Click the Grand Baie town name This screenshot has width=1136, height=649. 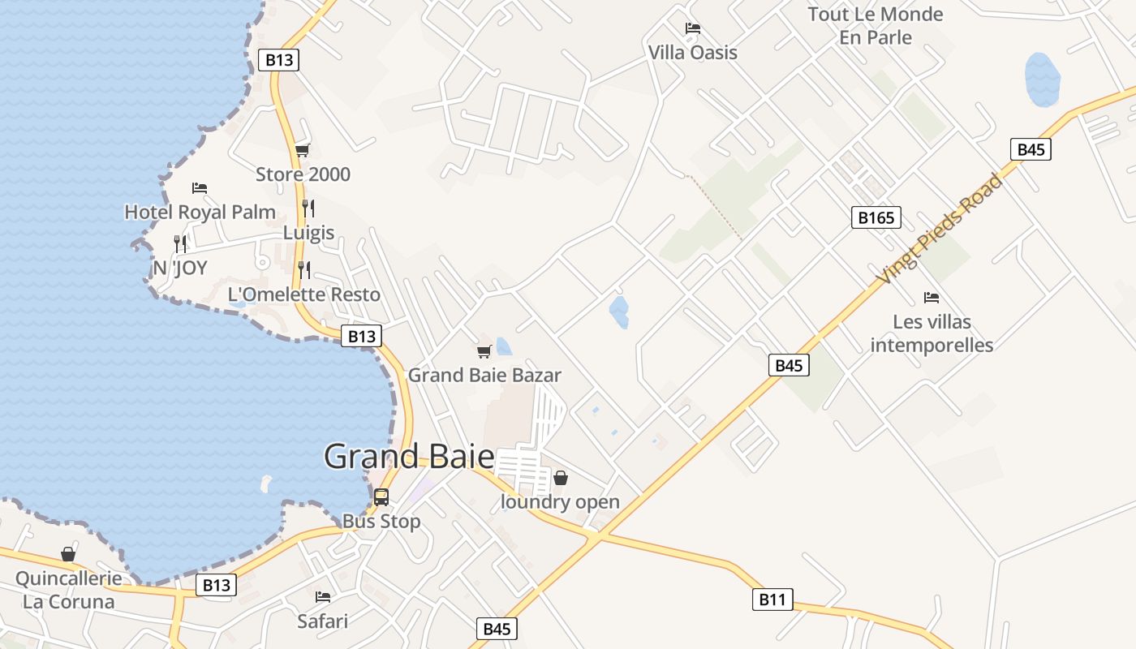coord(409,457)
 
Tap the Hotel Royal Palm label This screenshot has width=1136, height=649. coord(200,213)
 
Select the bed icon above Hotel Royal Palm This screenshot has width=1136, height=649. coord(200,188)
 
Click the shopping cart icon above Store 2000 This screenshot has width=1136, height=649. coord(303,150)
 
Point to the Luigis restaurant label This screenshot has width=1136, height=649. coord(308,233)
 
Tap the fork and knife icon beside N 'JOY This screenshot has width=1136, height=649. coord(180,243)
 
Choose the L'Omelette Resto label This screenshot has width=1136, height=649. coord(304,294)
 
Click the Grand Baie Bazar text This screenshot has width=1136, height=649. coord(484,376)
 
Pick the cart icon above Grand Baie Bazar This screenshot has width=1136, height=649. coord(484,351)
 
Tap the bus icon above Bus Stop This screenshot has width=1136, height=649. coord(381,497)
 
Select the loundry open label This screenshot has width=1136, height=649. coord(560,502)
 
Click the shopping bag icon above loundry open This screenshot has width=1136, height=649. coord(560,478)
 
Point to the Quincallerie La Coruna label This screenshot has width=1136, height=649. coord(69,591)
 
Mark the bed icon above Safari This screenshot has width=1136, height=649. coord(323,597)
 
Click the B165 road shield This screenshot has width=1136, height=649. coord(876,217)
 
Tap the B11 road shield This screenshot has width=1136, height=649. coord(772,600)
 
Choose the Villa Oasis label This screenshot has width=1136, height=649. coord(693,53)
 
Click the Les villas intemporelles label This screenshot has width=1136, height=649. coord(932,333)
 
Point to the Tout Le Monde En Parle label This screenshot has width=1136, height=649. coord(876,26)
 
